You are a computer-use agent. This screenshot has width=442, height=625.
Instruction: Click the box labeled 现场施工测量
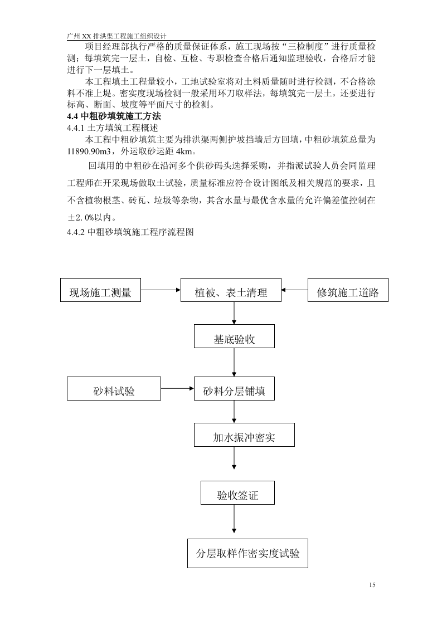click(x=100, y=292)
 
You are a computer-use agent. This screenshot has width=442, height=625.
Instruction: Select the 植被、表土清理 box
click(x=231, y=292)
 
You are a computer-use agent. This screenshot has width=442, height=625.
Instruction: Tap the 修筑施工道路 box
click(x=348, y=292)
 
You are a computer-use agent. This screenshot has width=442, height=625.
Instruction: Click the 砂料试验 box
click(x=114, y=390)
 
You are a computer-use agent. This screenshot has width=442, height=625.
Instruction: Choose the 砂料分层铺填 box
click(x=234, y=390)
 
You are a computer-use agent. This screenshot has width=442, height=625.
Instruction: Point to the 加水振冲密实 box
click(x=244, y=436)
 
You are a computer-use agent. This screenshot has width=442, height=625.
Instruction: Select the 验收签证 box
click(x=237, y=494)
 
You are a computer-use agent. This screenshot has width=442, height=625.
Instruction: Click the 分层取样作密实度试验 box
click(x=247, y=553)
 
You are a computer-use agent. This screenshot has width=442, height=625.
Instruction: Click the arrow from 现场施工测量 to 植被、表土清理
click(x=161, y=290)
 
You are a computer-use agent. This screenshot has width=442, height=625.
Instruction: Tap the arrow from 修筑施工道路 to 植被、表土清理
click(x=294, y=290)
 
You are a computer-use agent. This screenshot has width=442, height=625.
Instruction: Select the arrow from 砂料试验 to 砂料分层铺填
click(x=177, y=389)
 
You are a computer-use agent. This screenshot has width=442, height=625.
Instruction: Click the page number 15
click(x=372, y=584)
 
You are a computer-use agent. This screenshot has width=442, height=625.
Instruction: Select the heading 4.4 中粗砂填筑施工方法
click(x=114, y=116)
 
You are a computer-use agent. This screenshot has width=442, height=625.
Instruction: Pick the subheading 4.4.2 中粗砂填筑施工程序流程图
click(x=130, y=232)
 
